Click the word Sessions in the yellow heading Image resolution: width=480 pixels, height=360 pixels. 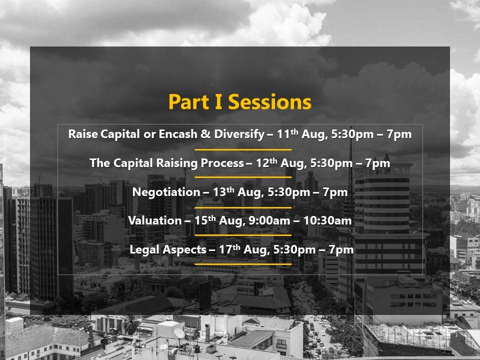269,102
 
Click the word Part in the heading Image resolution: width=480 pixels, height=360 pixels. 189,102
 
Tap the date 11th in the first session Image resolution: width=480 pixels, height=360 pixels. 287,134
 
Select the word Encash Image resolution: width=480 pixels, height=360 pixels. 178,134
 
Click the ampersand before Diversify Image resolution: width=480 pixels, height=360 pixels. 205,134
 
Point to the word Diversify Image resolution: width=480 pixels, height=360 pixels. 239,134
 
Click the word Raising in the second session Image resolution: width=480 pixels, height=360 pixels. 177,163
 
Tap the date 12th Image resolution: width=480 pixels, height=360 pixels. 266,163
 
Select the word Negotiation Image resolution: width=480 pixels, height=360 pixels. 166,192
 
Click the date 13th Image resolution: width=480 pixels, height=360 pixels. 223,192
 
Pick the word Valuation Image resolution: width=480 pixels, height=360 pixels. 155,220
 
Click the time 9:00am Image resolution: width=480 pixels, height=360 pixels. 269,220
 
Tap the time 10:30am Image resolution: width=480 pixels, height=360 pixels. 327,220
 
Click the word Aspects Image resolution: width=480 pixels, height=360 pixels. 184,250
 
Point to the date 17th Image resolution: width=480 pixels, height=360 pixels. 229,249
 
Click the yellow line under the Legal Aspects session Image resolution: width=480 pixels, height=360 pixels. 243,264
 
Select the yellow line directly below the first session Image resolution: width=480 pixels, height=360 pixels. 243,149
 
